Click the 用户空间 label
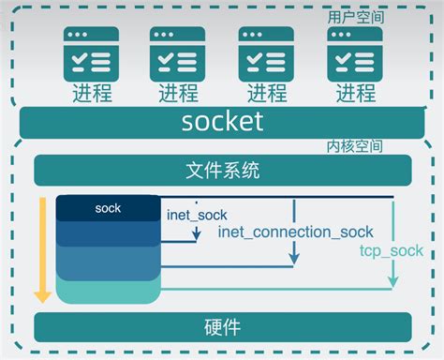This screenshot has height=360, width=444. pyautogui.click(x=355, y=16)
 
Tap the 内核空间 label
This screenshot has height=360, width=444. pyautogui.click(x=355, y=147)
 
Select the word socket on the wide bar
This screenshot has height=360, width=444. pyautogui.click(x=222, y=122)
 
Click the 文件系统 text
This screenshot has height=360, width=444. pyautogui.click(x=222, y=171)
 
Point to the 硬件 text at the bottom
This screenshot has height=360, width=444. pyautogui.click(x=222, y=328)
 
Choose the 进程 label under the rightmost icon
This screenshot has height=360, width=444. pyautogui.click(x=355, y=94)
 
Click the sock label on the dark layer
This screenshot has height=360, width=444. pyautogui.click(x=109, y=208)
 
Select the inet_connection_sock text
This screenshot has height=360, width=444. pyautogui.click(x=295, y=232)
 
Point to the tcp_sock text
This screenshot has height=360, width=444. pyautogui.click(x=392, y=251)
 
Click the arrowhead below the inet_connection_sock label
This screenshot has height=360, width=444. pyautogui.click(x=295, y=257)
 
